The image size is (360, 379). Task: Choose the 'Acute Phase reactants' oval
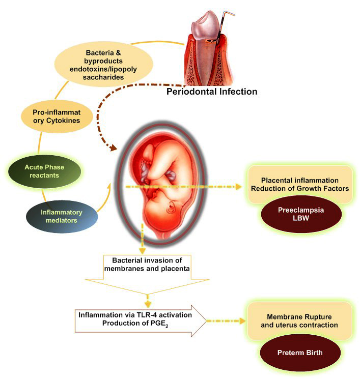pyautogui.click(x=44, y=170)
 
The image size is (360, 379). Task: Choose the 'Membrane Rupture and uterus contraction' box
pyautogui.click(x=299, y=320)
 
